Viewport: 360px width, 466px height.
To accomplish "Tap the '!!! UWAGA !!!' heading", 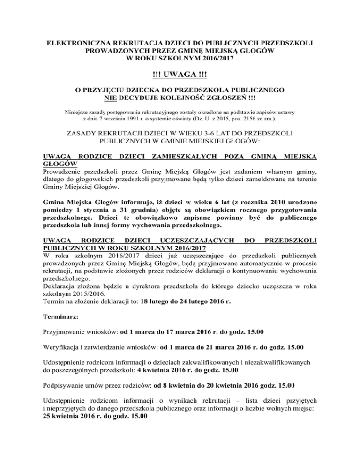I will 180,75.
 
